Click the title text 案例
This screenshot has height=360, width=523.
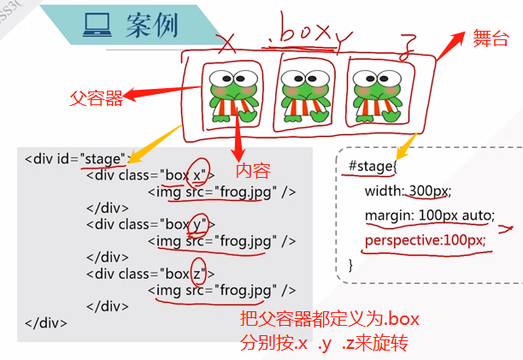point(151,27)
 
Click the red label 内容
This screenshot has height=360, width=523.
point(253,168)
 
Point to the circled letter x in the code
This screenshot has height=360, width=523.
point(198,174)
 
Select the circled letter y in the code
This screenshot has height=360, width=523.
point(199,224)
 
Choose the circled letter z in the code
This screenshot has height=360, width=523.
point(198,274)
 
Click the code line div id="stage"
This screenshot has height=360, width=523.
point(76,158)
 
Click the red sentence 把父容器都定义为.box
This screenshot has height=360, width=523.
point(329,321)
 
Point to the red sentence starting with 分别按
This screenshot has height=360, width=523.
point(325,344)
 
